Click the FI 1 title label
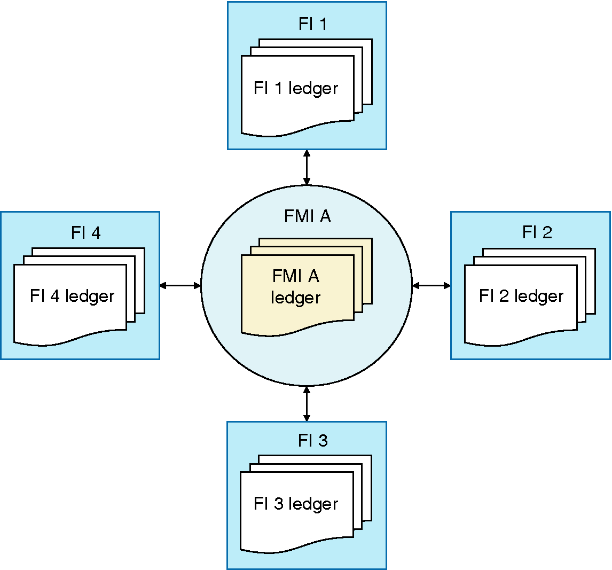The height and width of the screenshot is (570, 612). click(x=312, y=24)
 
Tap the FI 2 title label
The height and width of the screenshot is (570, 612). click(x=537, y=233)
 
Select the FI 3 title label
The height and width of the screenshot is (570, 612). click(x=312, y=441)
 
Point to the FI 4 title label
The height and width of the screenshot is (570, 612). click(x=85, y=233)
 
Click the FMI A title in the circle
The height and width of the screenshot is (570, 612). click(x=307, y=216)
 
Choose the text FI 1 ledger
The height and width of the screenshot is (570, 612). click(x=296, y=88)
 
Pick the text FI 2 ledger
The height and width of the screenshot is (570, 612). click(x=521, y=296)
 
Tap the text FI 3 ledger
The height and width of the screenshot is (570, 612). click(x=296, y=504)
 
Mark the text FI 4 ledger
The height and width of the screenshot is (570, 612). click(x=72, y=296)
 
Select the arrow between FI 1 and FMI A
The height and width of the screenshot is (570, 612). click(x=307, y=167)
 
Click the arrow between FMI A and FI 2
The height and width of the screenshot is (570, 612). click(x=431, y=286)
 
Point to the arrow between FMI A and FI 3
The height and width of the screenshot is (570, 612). click(x=307, y=403)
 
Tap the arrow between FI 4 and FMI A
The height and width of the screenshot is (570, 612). click(x=181, y=286)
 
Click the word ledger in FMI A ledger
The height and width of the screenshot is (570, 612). click(x=295, y=298)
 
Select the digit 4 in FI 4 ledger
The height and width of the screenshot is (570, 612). click(x=54, y=296)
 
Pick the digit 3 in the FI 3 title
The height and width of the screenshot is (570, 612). click(x=322, y=441)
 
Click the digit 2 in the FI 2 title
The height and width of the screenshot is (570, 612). click(x=546, y=233)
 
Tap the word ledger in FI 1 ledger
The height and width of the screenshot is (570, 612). click(x=313, y=88)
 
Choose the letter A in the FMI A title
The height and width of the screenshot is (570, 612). click(x=325, y=216)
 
